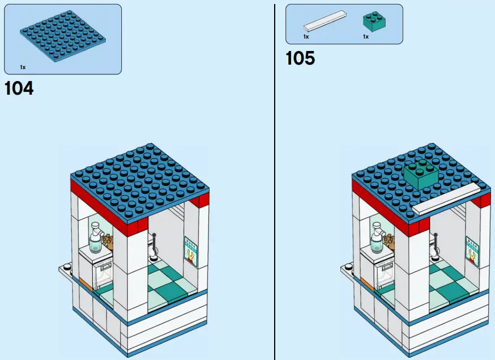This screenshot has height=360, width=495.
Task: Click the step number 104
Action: [19, 88]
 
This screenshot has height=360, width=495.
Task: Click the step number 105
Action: [300, 58]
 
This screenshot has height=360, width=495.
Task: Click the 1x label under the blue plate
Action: [23, 67]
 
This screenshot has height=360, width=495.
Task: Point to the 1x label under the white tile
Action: [306, 37]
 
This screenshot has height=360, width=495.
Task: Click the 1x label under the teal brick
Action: [365, 37]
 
